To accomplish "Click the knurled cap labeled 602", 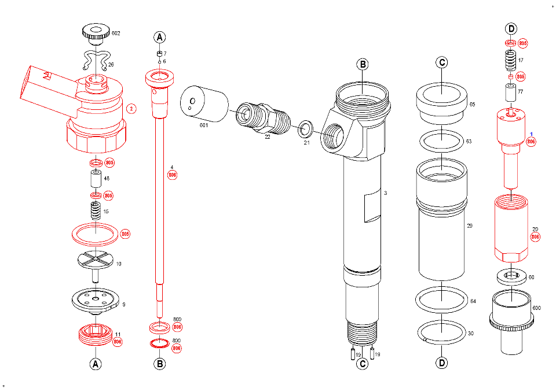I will point(94,32).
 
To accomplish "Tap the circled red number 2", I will point(131,108).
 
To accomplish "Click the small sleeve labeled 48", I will point(94,179).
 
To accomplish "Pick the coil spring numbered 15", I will point(94,210).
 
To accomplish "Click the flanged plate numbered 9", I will point(95,299).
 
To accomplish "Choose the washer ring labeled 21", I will point(305,128).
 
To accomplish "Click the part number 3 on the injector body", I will point(385,192).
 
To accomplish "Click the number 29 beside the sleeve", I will point(470,225).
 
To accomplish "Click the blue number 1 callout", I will point(531,134).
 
